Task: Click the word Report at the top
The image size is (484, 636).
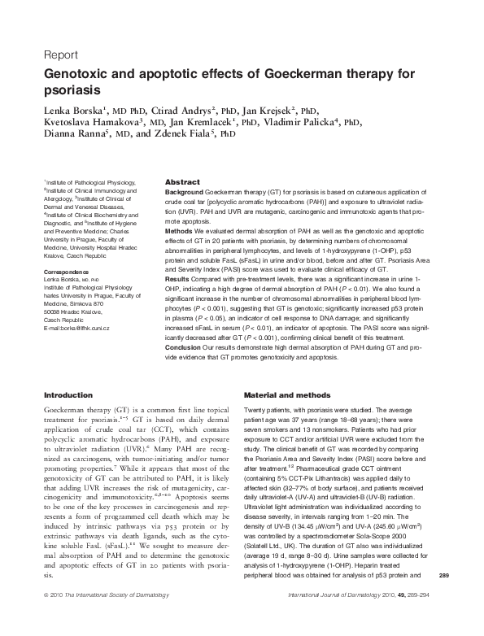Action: coord(60,56)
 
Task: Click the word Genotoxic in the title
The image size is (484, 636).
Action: coord(77,75)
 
